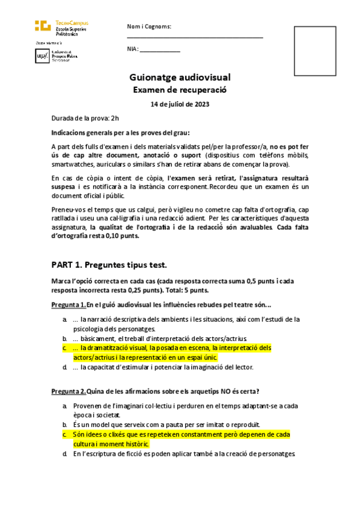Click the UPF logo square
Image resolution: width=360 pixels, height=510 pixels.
click(x=42, y=56)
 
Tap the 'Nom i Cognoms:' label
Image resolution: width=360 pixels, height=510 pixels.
click(x=149, y=26)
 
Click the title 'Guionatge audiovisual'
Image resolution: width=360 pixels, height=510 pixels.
click(x=180, y=78)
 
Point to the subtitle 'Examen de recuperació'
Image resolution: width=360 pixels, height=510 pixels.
click(x=180, y=90)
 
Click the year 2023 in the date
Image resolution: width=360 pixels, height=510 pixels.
click(x=201, y=105)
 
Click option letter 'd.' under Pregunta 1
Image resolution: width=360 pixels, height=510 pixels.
click(x=64, y=367)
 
